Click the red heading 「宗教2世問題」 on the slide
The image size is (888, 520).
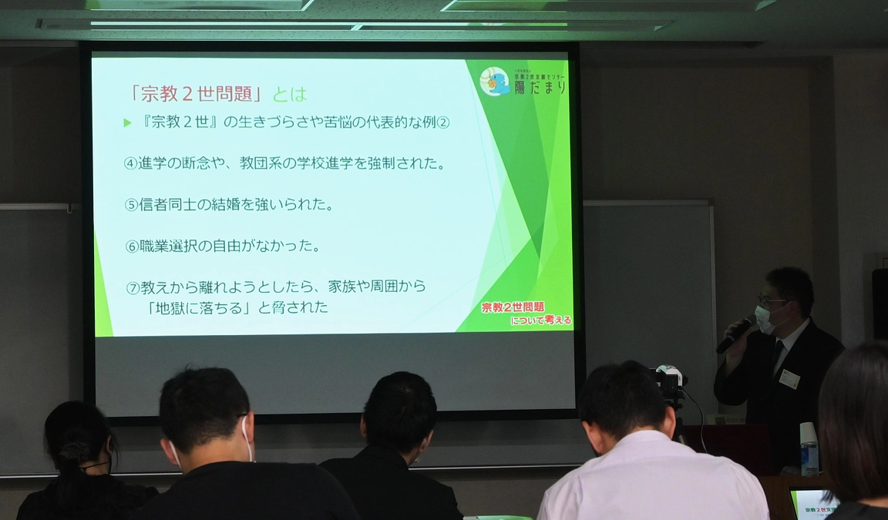pyautogui.click(x=196, y=94)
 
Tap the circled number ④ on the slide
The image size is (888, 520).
pyautogui.click(x=131, y=163)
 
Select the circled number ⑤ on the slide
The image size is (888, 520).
pyautogui.click(x=131, y=205)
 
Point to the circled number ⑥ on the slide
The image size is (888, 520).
pyautogui.click(x=132, y=247)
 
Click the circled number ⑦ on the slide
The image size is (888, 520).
pyautogui.click(x=133, y=287)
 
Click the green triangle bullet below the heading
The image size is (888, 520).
pyautogui.click(x=127, y=122)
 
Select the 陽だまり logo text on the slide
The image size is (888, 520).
pyautogui.click(x=540, y=87)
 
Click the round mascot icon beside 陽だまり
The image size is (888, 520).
pyautogui.click(x=494, y=82)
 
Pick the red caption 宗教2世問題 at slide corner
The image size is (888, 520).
pyautogui.click(x=513, y=307)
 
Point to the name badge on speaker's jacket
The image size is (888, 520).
pyautogui.click(x=789, y=378)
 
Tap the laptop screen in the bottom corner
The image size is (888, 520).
pyautogui.click(x=814, y=505)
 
